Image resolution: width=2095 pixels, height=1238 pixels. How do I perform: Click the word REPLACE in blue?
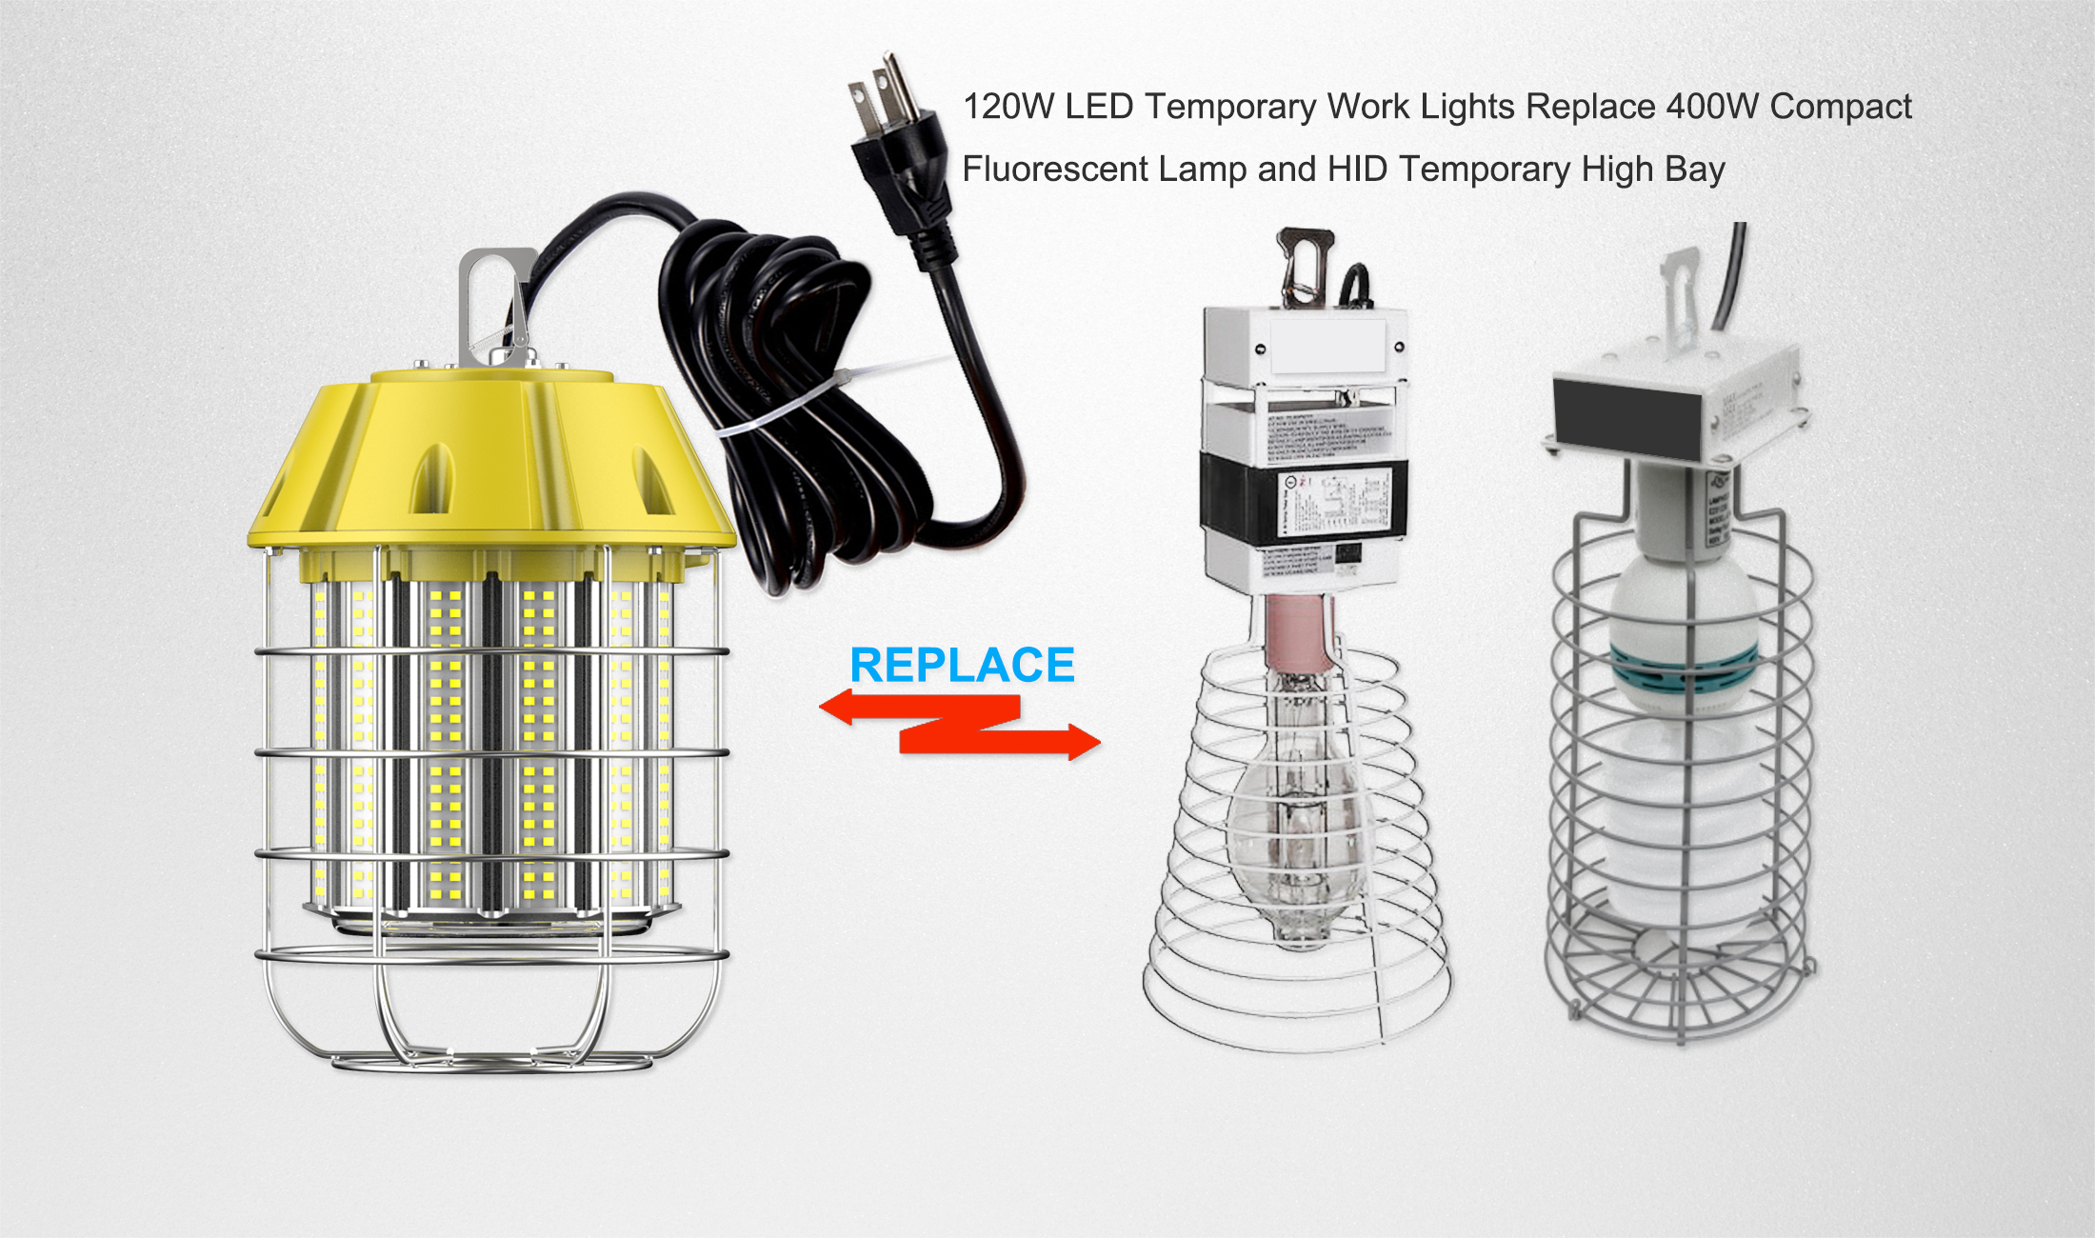point(962,665)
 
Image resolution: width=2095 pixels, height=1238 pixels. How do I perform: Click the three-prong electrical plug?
point(900,152)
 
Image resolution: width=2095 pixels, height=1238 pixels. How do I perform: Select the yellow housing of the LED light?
point(490,457)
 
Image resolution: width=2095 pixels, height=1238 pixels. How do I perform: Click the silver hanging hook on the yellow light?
point(495,305)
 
